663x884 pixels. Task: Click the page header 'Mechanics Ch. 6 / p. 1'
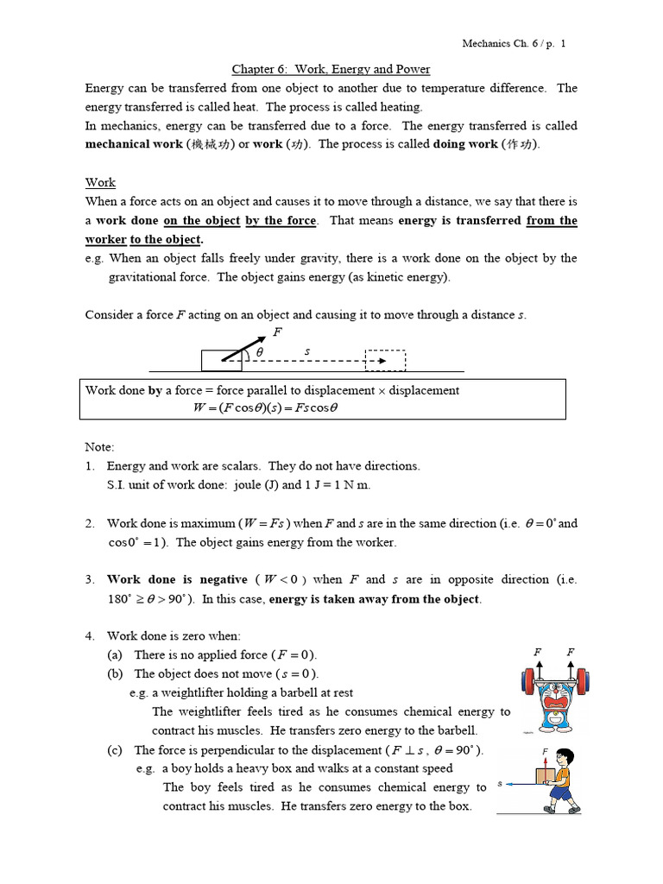[515, 43]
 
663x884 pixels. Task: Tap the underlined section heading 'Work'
[100, 182]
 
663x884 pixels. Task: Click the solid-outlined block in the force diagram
[222, 360]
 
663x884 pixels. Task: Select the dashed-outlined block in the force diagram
[385, 360]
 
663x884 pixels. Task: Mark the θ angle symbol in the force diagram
[259, 352]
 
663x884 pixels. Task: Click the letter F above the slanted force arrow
[276, 331]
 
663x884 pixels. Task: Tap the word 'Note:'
[99, 447]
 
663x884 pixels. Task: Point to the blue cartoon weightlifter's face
[552, 698]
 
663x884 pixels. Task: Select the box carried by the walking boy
[545, 776]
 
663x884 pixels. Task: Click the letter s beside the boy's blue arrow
[501, 785]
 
